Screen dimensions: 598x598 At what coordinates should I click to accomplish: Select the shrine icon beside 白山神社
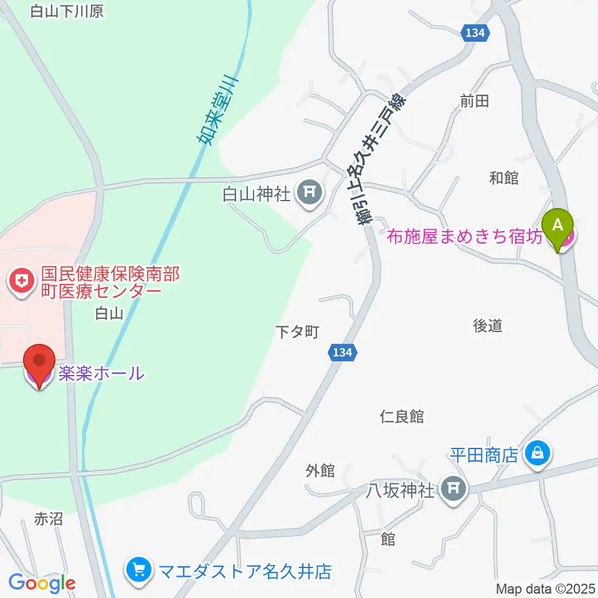[x=310, y=195]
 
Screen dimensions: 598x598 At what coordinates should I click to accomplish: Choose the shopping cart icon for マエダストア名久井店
[x=137, y=570]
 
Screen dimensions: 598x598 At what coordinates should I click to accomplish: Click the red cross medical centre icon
[x=22, y=282]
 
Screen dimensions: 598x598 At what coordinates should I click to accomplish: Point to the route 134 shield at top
[x=475, y=34]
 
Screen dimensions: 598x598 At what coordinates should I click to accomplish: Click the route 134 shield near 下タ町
[x=342, y=353]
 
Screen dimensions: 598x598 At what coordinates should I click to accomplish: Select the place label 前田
[x=475, y=101]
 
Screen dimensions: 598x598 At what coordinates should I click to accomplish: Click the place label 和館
[x=503, y=178]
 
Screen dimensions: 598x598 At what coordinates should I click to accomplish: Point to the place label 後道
[x=487, y=325]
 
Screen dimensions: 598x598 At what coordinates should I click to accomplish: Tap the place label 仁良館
[x=402, y=417]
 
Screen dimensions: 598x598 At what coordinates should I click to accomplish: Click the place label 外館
[x=320, y=471]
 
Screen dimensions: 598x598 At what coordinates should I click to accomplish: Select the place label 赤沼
[x=49, y=518]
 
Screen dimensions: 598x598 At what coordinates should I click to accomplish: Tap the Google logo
[x=42, y=583]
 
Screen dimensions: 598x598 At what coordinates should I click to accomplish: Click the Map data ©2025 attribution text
[x=546, y=588]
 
